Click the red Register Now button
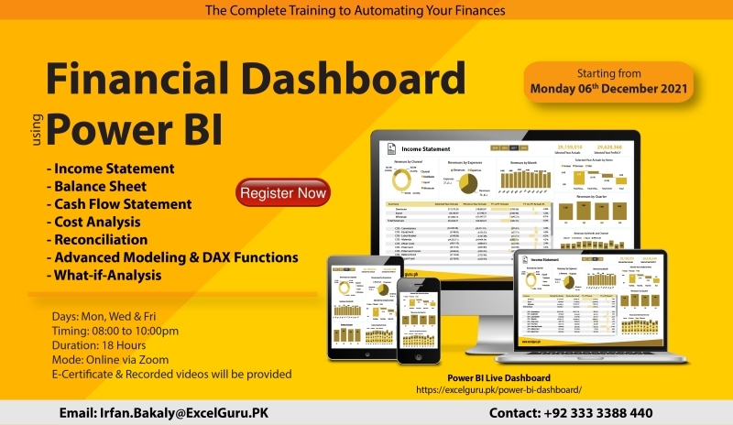tap(283, 193)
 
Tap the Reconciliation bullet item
tap(98, 239)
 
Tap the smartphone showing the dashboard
tap(419, 320)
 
